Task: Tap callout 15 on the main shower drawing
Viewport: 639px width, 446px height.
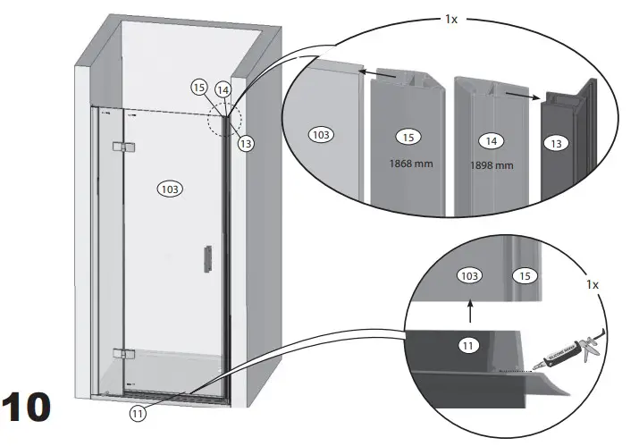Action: pyautogui.click(x=198, y=87)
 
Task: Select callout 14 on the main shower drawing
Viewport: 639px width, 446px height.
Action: pyautogui.click(x=223, y=89)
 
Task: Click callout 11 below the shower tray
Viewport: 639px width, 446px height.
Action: pyautogui.click(x=137, y=414)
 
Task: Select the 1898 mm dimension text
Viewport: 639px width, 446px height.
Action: pyautogui.click(x=492, y=165)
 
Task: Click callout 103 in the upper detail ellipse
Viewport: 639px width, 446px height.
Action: pyautogui.click(x=320, y=135)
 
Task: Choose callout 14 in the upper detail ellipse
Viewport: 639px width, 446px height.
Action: pyautogui.click(x=490, y=140)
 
